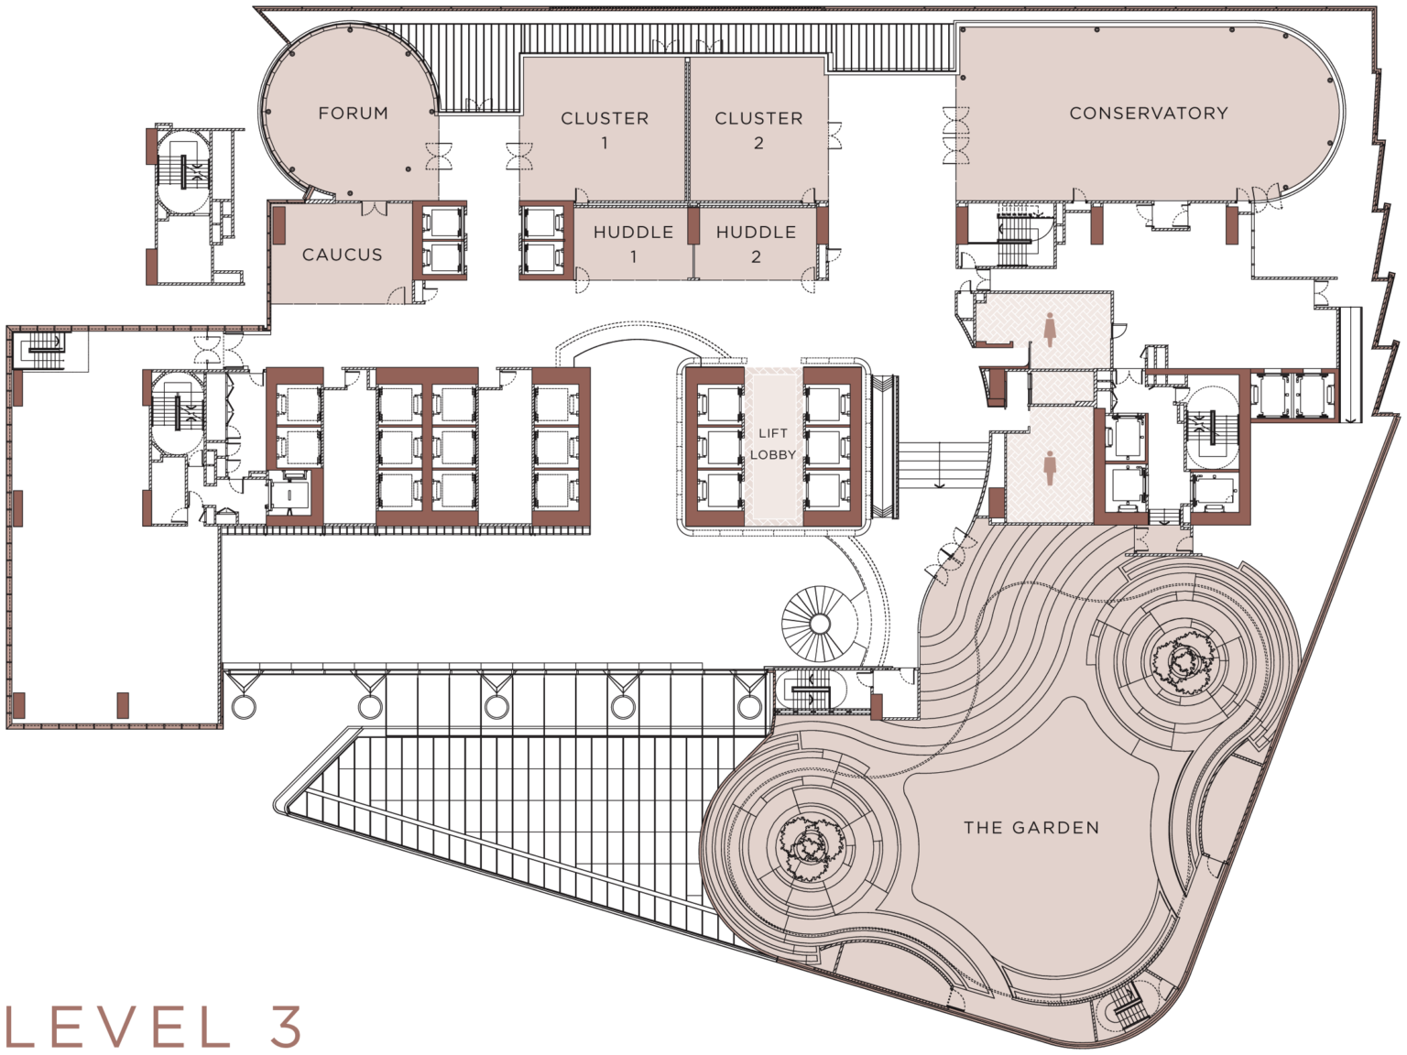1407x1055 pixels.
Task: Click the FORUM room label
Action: pos(353,114)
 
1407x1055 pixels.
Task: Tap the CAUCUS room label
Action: pos(342,255)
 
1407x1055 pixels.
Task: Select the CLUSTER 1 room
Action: pos(604,129)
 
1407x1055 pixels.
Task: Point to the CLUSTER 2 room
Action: pos(758,129)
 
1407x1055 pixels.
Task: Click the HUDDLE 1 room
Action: pos(633,243)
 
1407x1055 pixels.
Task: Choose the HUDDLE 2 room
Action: pos(756,243)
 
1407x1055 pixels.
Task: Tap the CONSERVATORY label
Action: pos(1148,114)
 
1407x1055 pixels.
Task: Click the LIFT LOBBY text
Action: pos(773,444)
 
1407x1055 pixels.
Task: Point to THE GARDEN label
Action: pos(1031,828)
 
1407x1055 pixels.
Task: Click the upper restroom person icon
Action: pos(1049,329)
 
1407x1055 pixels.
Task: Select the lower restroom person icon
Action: pos(1050,468)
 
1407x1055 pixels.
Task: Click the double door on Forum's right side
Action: pos(437,156)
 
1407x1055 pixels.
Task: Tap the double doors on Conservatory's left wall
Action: pos(956,135)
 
